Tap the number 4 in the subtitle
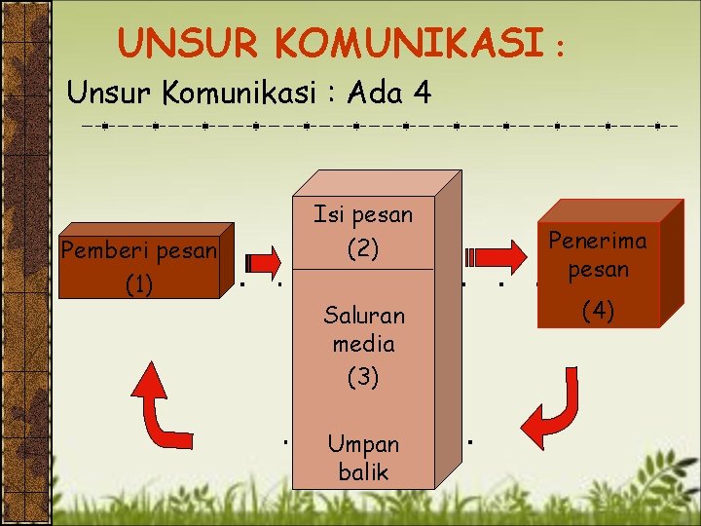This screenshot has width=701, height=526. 422,94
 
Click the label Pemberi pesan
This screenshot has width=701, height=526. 138,251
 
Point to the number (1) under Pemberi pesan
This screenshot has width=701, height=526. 138,284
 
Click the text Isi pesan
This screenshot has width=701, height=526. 363,214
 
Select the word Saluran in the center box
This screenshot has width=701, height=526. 363,315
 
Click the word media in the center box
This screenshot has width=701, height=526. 363,344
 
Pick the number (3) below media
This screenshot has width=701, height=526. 363,377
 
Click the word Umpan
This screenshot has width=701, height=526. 363,444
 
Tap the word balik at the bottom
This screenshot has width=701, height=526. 363,473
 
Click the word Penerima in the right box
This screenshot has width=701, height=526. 598,241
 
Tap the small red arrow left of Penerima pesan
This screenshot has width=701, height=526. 486,259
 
